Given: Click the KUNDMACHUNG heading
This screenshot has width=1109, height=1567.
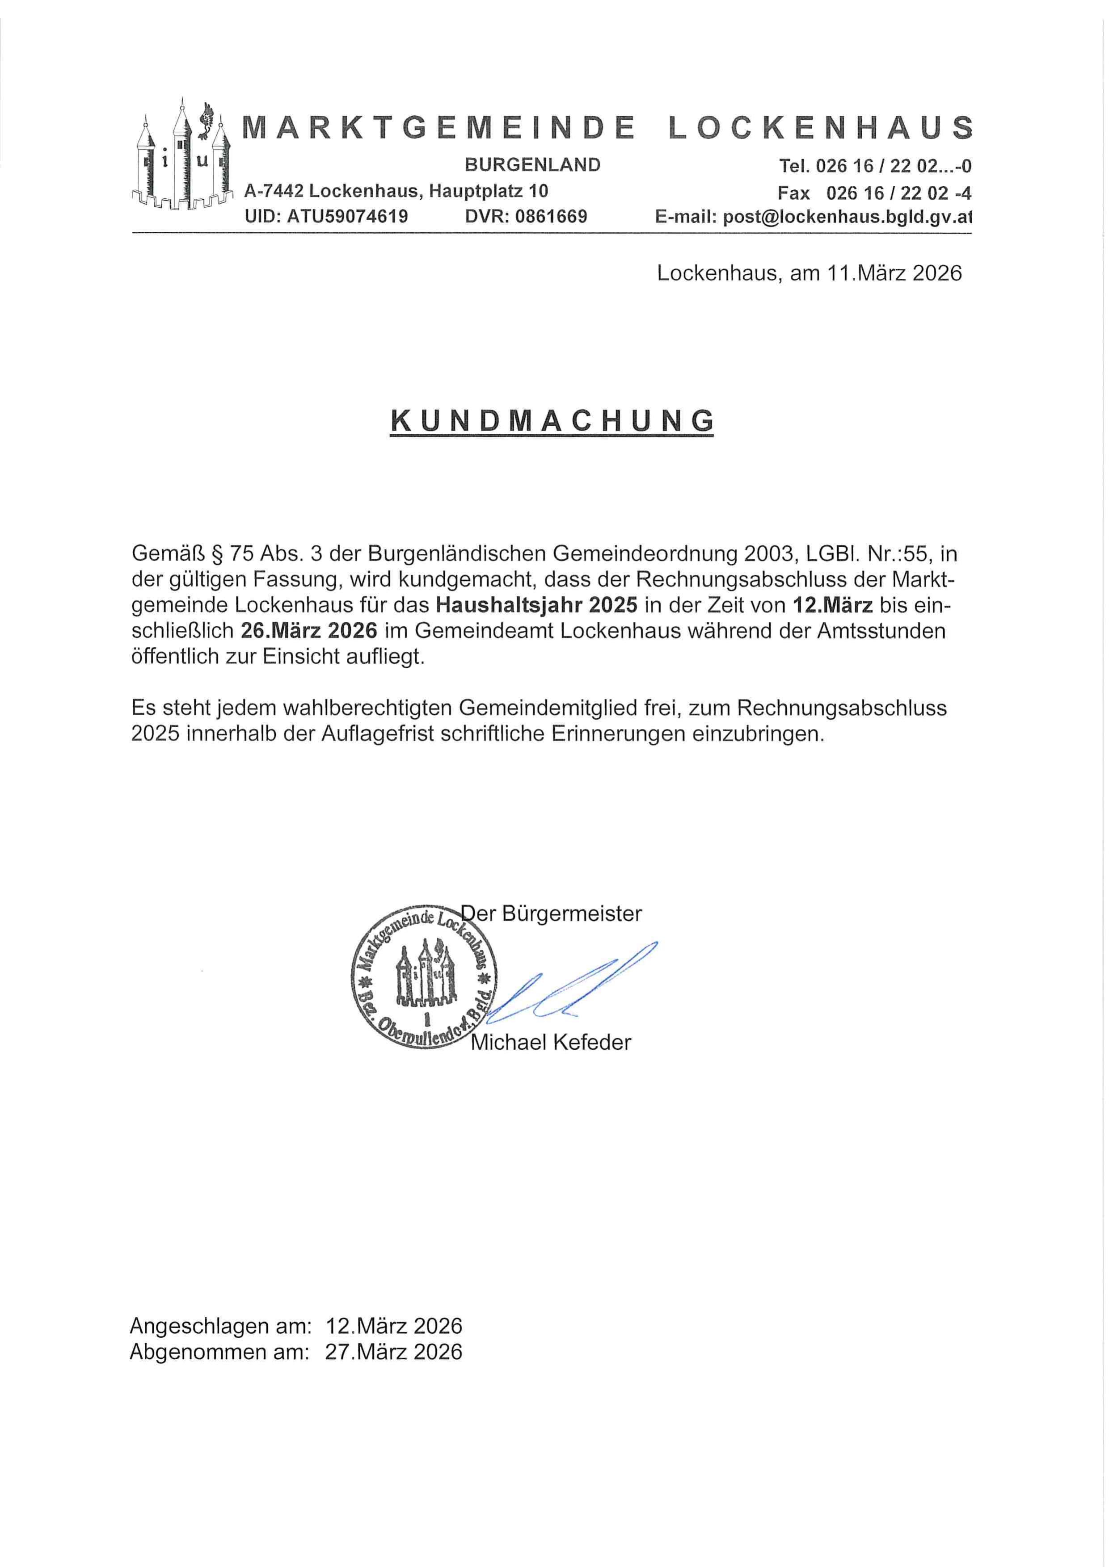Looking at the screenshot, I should (x=552, y=421).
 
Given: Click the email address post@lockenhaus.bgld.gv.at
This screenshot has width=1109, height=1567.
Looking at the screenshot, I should (x=813, y=217).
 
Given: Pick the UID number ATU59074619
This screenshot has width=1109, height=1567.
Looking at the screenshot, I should (x=347, y=217).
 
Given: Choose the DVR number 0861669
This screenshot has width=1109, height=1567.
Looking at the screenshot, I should (x=550, y=217).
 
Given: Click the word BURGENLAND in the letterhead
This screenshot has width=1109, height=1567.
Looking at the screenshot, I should (x=533, y=164).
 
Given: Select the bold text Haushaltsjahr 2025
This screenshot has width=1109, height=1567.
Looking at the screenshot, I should (x=537, y=605).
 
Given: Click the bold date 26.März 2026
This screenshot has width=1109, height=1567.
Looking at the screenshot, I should (x=309, y=631).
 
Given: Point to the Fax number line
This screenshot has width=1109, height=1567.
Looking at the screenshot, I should (x=874, y=193).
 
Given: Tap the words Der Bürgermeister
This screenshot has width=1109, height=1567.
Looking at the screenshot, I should (x=552, y=914).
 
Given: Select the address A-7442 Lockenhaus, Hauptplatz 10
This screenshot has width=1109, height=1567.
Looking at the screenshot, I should (x=396, y=191).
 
